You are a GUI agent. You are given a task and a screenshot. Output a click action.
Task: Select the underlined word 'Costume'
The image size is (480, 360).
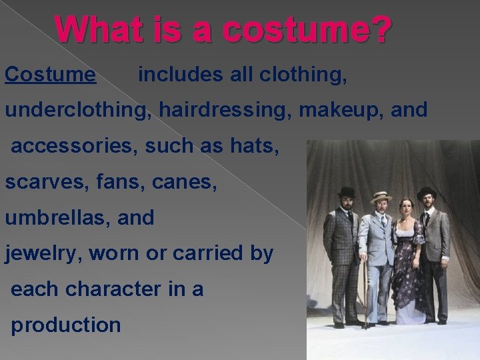click(50, 75)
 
